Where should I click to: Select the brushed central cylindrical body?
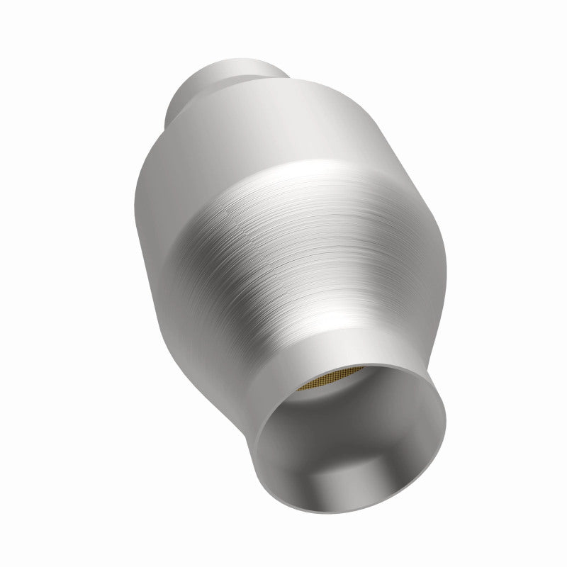(283, 234)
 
